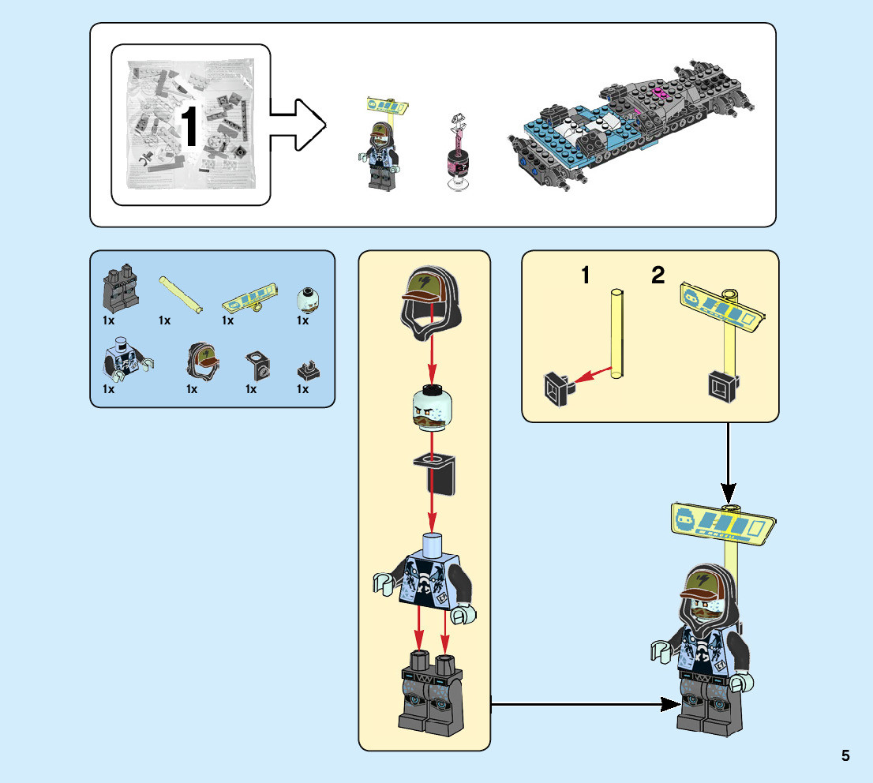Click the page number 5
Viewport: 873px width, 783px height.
click(845, 755)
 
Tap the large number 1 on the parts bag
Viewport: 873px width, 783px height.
click(189, 126)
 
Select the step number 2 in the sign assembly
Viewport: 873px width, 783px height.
click(658, 276)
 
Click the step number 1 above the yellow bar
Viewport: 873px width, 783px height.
click(585, 276)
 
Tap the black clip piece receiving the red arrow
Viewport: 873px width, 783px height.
click(559, 388)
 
